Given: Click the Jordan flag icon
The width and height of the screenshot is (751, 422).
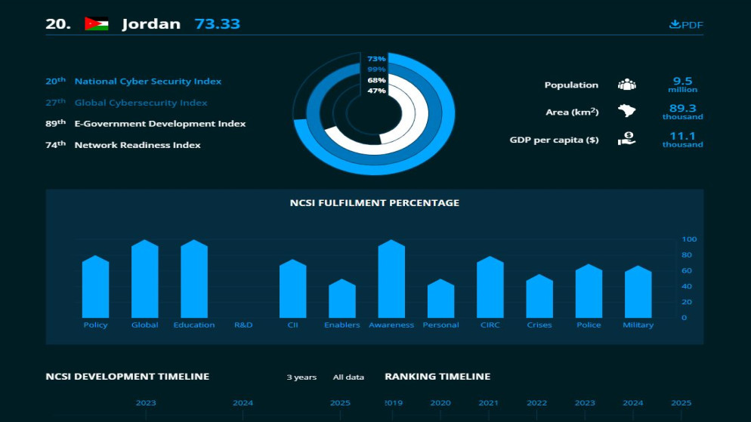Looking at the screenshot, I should pyautogui.click(x=97, y=23).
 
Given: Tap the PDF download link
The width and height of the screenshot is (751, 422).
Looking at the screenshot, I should pyautogui.click(x=686, y=24).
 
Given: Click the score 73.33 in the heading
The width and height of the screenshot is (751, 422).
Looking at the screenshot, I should pyautogui.click(x=217, y=23).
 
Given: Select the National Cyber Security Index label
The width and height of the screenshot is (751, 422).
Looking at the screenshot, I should pyautogui.click(x=147, y=82).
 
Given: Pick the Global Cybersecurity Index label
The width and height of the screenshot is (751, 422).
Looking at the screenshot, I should pyautogui.click(x=141, y=103).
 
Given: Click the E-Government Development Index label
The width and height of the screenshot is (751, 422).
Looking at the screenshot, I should pyautogui.click(x=159, y=124).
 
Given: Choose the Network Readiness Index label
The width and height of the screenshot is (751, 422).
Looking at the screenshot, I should pyautogui.click(x=138, y=145).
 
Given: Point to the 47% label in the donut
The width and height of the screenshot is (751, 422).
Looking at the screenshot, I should pyautogui.click(x=376, y=91).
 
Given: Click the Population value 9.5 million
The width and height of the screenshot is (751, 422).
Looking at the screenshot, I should pyautogui.click(x=682, y=85).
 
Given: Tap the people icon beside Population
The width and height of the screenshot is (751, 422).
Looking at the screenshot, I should pyautogui.click(x=626, y=85).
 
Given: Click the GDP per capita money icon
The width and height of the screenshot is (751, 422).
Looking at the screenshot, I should pyautogui.click(x=626, y=139).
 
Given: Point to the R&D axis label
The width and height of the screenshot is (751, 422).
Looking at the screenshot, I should pyautogui.click(x=243, y=325).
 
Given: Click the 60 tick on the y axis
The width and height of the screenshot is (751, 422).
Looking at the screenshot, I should pyautogui.click(x=686, y=270).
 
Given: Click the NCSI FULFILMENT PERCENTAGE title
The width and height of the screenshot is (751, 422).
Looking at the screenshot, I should pyautogui.click(x=375, y=203).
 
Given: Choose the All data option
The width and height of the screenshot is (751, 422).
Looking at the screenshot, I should pyautogui.click(x=348, y=377).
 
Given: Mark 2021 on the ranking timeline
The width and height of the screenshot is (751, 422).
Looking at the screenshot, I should pyautogui.click(x=488, y=403).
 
